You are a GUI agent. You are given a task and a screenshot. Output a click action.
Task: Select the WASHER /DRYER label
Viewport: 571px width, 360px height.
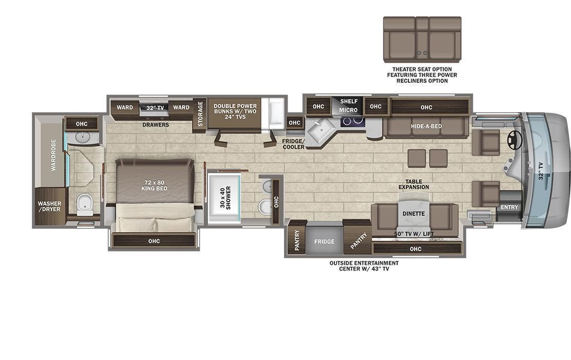coord(49,206)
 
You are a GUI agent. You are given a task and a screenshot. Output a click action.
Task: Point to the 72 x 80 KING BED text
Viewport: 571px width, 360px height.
coord(154,185)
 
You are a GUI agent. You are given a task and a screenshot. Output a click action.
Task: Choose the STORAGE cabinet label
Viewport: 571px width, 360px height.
coord(200,113)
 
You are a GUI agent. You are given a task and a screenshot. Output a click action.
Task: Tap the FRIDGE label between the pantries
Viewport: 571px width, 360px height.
coord(324,241)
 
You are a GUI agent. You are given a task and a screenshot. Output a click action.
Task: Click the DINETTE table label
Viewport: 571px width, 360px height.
coord(414,213)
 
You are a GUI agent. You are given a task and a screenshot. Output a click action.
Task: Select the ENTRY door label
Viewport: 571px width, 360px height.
coord(510,207)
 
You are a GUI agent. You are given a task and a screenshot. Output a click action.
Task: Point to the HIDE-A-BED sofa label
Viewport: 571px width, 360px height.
coord(426,126)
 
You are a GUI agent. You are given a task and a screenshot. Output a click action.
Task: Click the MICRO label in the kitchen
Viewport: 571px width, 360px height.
coord(348,110)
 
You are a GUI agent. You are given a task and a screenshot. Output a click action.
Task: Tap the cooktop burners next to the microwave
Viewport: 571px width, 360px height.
coord(353,121)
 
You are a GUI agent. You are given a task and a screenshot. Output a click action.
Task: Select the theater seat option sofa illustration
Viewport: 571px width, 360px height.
coord(422,39)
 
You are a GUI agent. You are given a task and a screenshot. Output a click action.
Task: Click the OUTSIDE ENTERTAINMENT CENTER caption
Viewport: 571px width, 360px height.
coord(364,266)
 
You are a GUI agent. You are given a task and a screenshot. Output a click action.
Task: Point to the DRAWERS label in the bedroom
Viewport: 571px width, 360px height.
coord(156,124)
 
